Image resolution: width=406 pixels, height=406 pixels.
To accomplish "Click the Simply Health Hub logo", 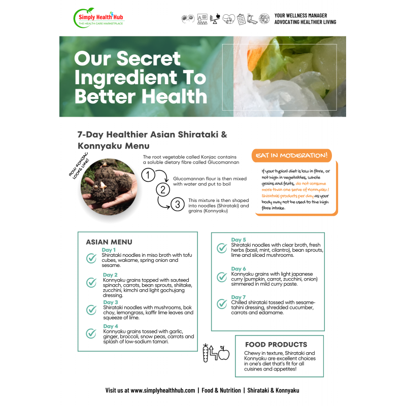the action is (x=99, y=18).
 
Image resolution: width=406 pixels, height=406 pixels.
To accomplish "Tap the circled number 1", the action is (x=148, y=175).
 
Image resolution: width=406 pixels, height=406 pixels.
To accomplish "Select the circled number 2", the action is (x=163, y=190).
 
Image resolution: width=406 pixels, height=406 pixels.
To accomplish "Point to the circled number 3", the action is (x=178, y=205).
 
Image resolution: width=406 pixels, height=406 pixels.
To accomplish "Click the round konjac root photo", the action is (x=109, y=187).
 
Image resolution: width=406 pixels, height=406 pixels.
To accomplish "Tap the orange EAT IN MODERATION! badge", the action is (x=291, y=155).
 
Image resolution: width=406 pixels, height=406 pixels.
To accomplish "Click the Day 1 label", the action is (x=109, y=250).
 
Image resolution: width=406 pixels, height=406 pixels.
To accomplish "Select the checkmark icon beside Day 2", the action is (x=91, y=283).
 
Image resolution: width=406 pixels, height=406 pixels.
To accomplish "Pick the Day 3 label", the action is (x=111, y=302).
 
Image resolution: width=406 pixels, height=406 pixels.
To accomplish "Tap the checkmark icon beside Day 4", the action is (x=91, y=333).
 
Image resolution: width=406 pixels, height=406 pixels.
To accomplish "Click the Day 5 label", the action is (x=239, y=240).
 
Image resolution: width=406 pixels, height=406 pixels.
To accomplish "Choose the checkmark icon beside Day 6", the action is (x=222, y=277).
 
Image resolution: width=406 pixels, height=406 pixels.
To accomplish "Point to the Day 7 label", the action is (x=239, y=297).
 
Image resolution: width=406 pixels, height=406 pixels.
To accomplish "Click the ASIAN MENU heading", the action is (x=109, y=242).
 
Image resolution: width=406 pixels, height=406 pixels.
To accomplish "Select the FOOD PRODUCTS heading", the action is (x=276, y=345).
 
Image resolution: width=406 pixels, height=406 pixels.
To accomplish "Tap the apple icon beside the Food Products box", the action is (x=224, y=353).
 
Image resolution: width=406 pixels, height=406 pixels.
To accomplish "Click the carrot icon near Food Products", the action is (x=206, y=353).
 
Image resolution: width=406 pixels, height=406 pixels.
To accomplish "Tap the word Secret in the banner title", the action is (x=148, y=58).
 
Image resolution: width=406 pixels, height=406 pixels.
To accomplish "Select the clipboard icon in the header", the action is (x=241, y=19).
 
